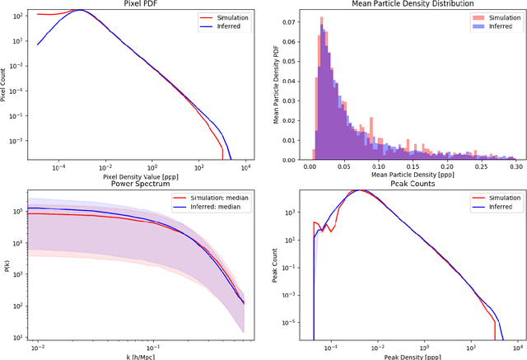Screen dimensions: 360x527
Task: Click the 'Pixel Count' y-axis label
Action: tap(5, 85)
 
